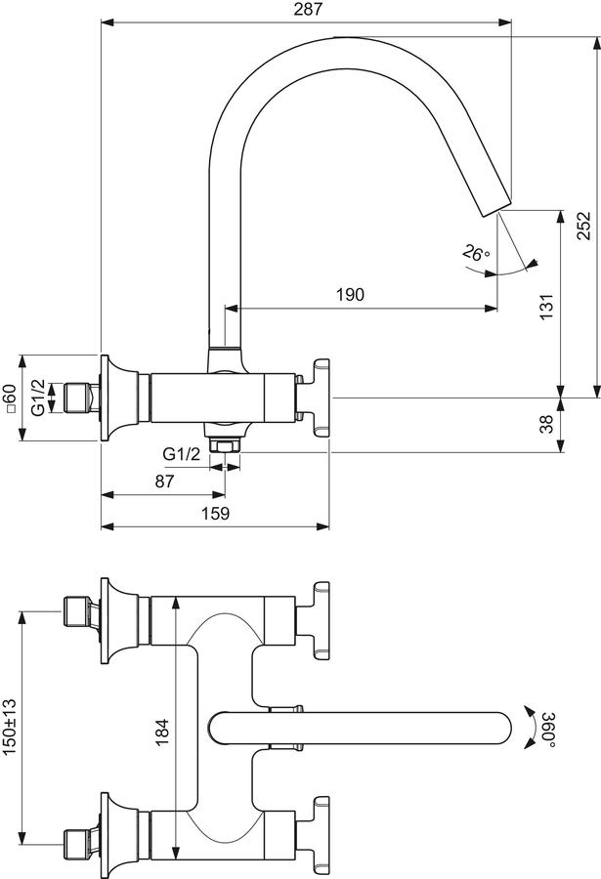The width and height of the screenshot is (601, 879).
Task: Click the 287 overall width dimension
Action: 309,9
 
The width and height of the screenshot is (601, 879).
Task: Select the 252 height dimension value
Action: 584,226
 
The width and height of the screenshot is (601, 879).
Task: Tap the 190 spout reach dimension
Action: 350,294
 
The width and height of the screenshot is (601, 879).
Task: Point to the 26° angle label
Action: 476,253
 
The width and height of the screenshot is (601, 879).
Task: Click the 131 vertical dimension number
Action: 546,306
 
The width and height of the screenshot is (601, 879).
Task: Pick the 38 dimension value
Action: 546,423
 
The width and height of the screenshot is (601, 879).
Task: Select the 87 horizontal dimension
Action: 164,481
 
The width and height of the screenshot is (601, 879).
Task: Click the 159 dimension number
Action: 215,513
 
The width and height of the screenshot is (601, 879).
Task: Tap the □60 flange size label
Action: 9,398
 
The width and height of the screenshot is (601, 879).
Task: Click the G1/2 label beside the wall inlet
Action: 37,398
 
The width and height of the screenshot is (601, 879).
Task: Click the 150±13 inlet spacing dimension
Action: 10,726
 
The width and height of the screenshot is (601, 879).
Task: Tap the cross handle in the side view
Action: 315,398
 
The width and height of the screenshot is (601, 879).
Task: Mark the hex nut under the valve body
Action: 225,445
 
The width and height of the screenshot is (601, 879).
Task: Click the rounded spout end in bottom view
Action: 500,729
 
